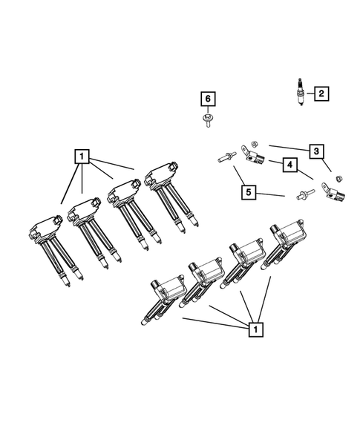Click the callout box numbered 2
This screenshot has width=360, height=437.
321,93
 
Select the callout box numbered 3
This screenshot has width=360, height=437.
316,151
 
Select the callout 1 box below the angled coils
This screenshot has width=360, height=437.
255,327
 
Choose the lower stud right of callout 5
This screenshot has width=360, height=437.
302,196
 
